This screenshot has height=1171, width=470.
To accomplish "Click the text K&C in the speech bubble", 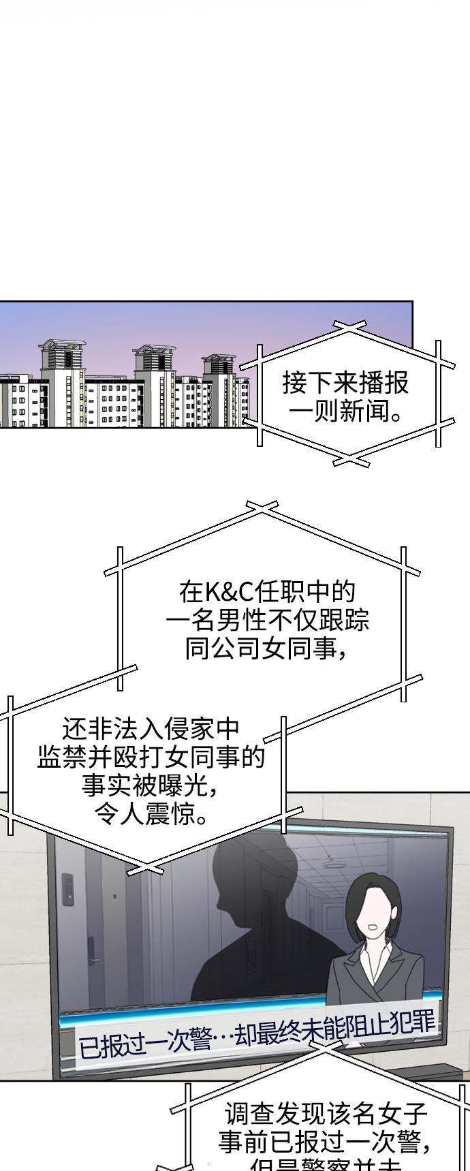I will (x=228, y=592).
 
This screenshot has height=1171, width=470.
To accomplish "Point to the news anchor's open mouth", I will (x=373, y=927).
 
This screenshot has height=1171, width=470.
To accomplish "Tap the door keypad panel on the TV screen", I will (x=67, y=890).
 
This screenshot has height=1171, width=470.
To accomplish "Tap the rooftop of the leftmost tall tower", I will (x=63, y=345).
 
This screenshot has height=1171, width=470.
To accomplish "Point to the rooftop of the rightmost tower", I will (x=219, y=358).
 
